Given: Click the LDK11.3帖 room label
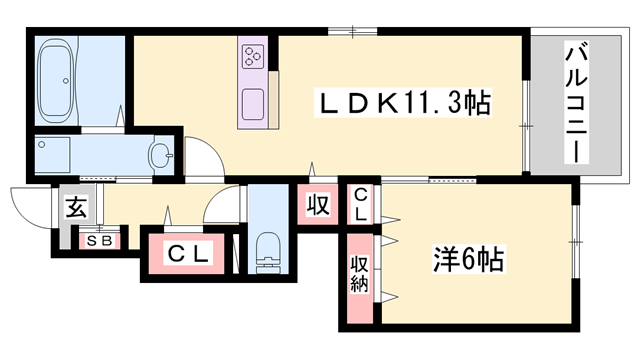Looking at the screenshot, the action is (402, 103).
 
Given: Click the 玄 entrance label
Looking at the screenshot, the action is (76, 208).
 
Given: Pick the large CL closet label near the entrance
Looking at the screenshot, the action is (187, 255).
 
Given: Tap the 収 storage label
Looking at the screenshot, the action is (317, 206).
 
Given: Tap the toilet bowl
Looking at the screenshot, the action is (269, 248).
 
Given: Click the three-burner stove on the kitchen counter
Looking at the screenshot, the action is (252, 54).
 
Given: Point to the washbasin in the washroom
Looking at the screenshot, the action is (160, 155).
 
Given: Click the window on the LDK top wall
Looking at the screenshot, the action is (355, 30).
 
